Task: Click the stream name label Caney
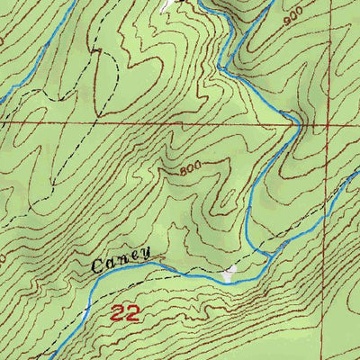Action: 121,260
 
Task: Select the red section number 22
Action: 127,314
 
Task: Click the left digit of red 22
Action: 119,314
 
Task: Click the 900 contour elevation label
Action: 290,19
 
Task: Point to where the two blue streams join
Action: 269,256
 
